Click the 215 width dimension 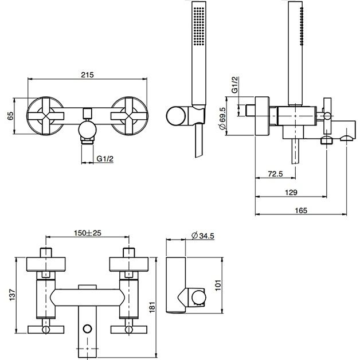[88, 75]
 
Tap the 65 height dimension [10, 116]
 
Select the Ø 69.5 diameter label [222, 119]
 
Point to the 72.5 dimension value [275, 174]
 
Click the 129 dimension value [291, 192]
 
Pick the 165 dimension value [301, 210]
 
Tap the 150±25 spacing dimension [88, 233]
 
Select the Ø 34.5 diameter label [203, 236]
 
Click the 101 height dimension [218, 285]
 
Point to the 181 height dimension [152, 307]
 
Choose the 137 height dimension [12, 295]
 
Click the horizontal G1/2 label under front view [105, 159]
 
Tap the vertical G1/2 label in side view [235, 85]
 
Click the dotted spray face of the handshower [199, 26]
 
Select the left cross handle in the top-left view [45, 116]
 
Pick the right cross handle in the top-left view [129, 116]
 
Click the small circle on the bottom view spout [87, 328]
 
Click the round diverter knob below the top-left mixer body [87, 130]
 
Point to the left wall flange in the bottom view [46, 264]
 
